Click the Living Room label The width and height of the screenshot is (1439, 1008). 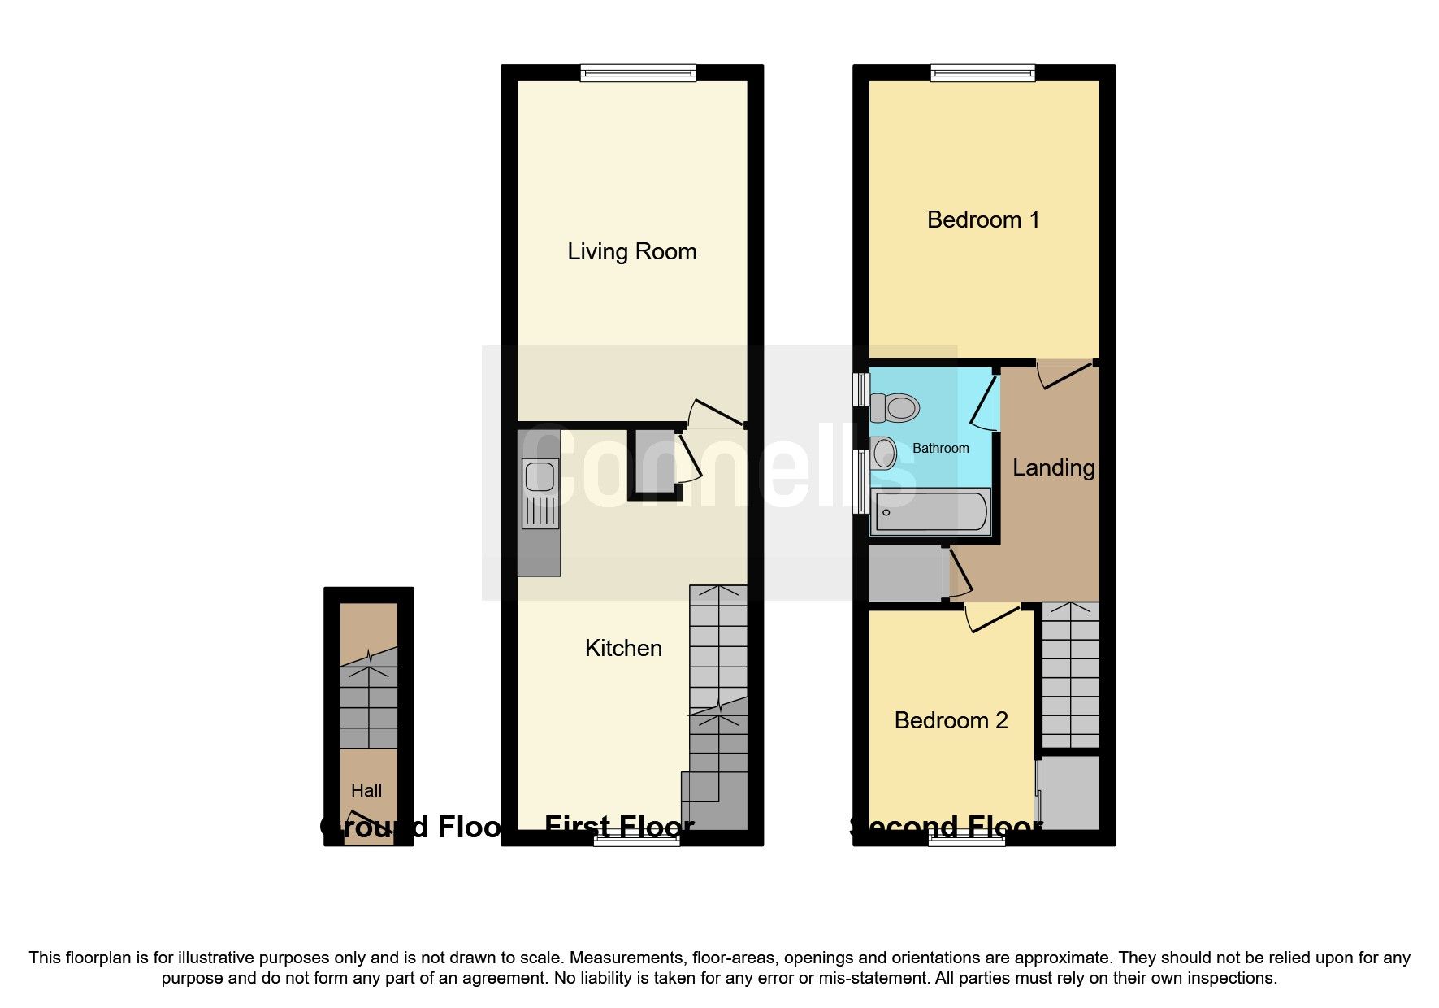coord(631,252)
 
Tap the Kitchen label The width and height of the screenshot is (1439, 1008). coord(623,648)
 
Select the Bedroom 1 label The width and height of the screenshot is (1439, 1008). coord(983,219)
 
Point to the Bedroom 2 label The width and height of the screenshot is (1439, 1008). coord(951,720)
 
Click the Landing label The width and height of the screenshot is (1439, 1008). coord(1053,467)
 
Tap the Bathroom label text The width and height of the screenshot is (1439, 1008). coord(940,448)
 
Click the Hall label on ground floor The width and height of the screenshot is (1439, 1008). coord(366,790)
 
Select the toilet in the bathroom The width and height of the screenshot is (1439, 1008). coord(894,406)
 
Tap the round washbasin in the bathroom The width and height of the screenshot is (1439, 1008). coord(883,452)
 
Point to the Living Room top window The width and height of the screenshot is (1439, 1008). coord(638,74)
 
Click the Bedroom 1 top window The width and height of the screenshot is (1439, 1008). coord(983,74)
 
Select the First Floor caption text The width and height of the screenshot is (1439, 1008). coord(619,828)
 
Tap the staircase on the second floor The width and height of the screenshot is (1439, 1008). coord(1070,675)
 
